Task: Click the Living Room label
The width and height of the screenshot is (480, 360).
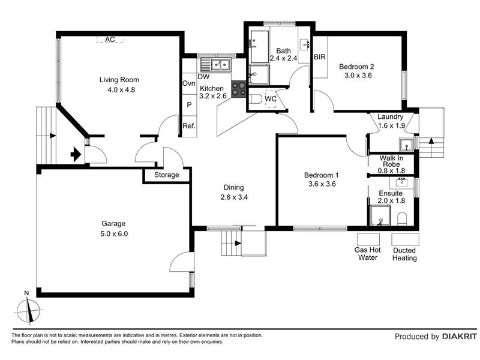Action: click(x=119, y=80)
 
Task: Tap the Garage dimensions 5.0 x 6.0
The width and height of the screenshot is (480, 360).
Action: click(x=114, y=234)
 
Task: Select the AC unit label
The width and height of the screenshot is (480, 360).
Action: click(x=110, y=40)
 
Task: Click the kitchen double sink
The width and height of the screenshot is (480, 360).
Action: click(x=220, y=65)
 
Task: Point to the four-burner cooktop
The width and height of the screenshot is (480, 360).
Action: click(x=239, y=89)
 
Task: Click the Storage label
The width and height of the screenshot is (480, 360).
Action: click(x=167, y=175)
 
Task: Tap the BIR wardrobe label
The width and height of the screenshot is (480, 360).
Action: click(x=320, y=57)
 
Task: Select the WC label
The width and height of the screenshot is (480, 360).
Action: click(x=271, y=99)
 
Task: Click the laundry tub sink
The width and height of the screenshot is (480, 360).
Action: click(x=406, y=145)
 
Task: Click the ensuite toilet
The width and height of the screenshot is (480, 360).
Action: click(x=402, y=220)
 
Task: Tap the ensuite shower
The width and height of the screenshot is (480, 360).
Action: click(x=380, y=215)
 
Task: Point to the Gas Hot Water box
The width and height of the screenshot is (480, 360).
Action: click(x=368, y=239)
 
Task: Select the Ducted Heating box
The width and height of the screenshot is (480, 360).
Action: click(x=406, y=239)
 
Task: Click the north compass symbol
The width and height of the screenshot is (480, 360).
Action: click(x=28, y=310)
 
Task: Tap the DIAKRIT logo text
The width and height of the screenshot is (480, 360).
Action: click(x=460, y=337)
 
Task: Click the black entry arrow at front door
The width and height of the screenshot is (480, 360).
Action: click(x=76, y=155)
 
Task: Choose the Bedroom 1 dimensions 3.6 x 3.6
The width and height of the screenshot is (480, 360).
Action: click(x=322, y=184)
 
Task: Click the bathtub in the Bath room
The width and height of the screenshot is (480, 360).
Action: click(x=260, y=47)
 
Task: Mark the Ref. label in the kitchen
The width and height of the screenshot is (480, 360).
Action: click(x=189, y=126)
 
